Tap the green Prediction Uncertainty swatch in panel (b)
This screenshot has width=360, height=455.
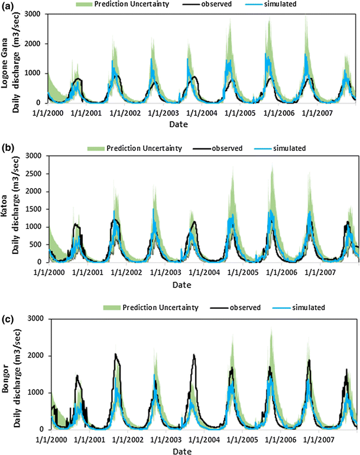[95, 147]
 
